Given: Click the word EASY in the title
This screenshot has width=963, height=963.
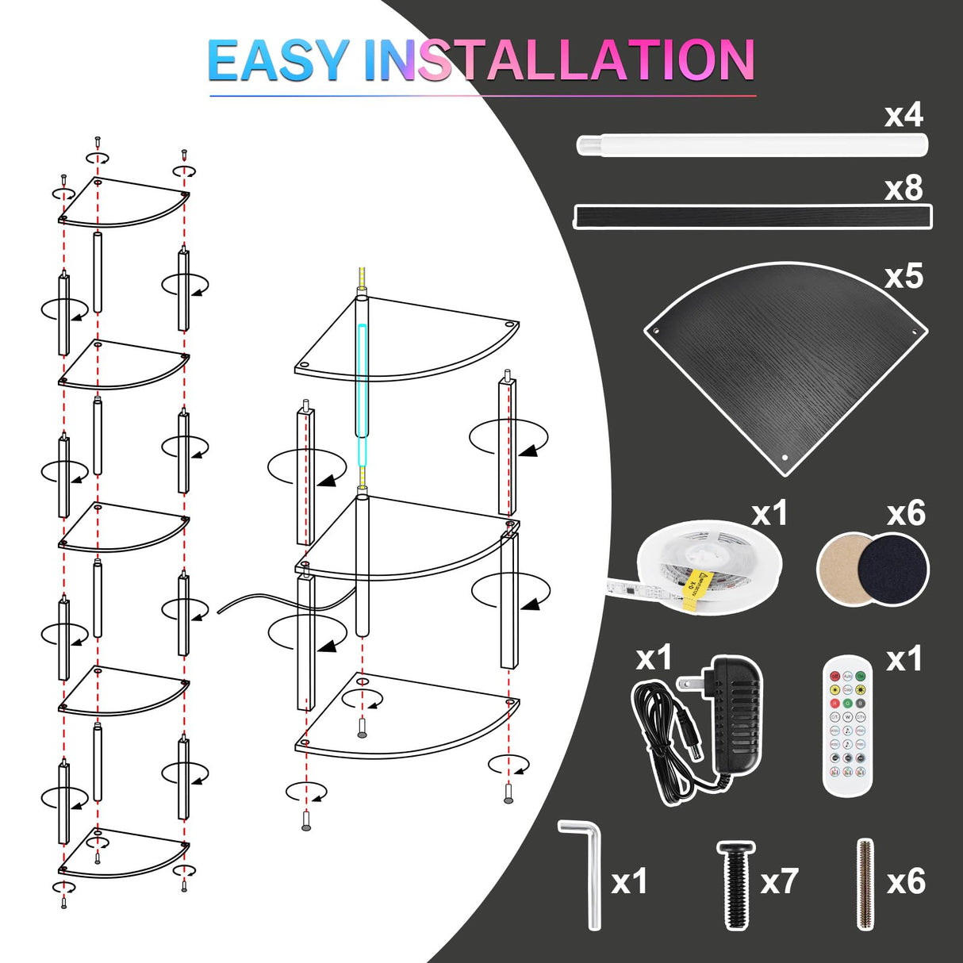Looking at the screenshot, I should click(278, 61).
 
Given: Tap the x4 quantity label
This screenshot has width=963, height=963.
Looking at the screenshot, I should click(904, 116).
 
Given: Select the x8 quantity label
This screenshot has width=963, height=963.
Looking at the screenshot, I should click(904, 189).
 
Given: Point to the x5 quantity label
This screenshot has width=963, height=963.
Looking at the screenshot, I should click(904, 276).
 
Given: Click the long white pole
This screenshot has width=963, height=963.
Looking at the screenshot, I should click(751, 145).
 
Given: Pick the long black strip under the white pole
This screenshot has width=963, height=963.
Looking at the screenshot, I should click(751, 217).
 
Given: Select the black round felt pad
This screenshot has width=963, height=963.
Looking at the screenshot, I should click(894, 568).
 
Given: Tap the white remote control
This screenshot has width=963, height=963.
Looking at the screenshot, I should click(847, 725).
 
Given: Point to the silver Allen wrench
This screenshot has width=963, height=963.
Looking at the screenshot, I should click(589, 873).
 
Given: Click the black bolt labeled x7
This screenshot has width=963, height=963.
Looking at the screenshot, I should click(735, 884).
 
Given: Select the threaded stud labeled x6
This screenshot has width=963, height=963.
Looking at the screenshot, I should click(865, 884).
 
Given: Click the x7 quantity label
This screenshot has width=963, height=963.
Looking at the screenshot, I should click(778, 882).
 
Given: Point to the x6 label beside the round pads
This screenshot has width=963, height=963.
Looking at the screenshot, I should click(906, 514).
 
